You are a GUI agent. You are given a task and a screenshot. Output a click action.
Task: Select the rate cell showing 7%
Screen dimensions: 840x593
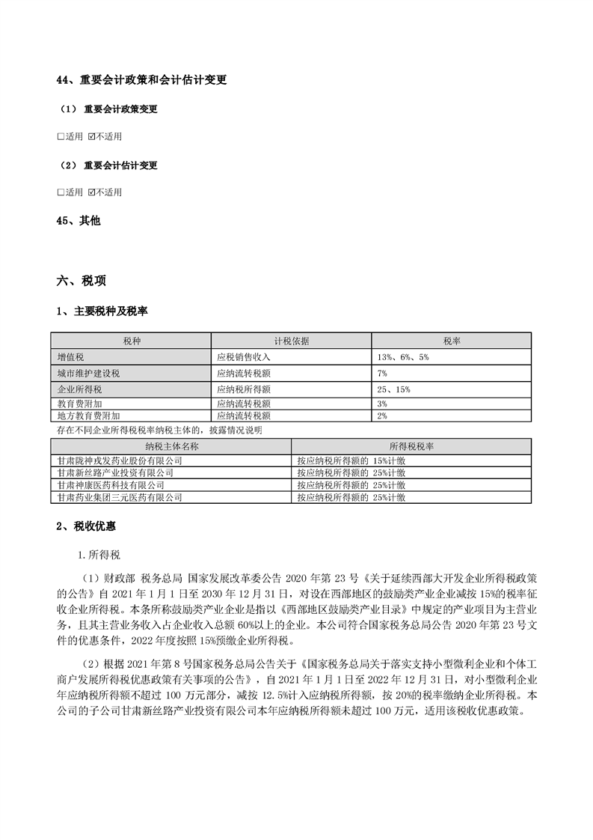381,373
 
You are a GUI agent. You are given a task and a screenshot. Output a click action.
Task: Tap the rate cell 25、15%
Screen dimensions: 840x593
393,389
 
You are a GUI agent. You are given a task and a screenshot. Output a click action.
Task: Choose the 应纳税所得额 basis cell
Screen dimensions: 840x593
243,389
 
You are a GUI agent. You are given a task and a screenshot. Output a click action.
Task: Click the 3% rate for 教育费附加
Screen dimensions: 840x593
381,404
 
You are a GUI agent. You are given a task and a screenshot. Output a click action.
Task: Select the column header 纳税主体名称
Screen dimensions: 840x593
171,446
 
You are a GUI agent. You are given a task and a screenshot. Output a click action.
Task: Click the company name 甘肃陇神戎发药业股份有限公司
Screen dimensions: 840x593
120,461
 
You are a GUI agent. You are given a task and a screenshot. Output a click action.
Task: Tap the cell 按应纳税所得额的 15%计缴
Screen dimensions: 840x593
351,461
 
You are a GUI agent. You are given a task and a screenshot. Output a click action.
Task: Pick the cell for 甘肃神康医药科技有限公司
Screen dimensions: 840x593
111,485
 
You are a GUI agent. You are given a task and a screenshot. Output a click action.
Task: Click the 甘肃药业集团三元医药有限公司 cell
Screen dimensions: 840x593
120,496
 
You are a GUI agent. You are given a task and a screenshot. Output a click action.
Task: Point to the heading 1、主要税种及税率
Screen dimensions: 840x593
106,311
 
